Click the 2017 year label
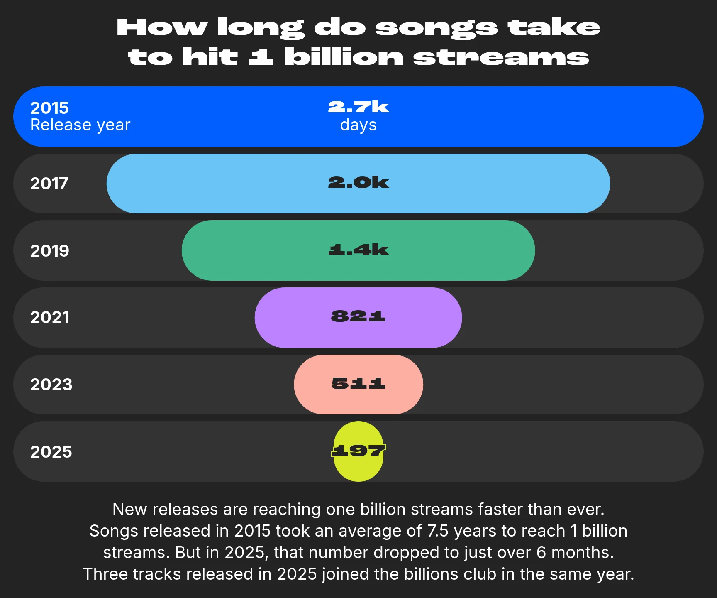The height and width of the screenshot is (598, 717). point(49,184)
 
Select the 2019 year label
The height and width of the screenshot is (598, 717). point(49,251)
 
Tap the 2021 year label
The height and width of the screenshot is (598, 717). point(49,317)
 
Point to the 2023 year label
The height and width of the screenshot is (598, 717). point(51,385)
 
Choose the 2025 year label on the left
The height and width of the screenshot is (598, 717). point(51,452)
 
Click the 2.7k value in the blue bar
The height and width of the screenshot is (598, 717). point(358,107)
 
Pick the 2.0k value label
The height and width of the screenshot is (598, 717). point(358,182)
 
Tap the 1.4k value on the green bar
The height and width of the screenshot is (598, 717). point(358,250)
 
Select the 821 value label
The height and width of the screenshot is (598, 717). point(358,316)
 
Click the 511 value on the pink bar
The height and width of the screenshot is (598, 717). point(358,383)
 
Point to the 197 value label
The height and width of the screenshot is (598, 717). point(358,451)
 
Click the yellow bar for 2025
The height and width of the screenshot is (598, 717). point(358,451)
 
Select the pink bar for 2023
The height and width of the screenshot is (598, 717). point(358,385)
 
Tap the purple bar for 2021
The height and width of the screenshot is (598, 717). point(358,318)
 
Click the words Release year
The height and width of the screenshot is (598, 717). point(80,125)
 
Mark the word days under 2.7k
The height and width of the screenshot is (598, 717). point(358,125)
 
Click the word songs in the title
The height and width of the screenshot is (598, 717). point(436,28)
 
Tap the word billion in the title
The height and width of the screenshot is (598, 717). point(344,57)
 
